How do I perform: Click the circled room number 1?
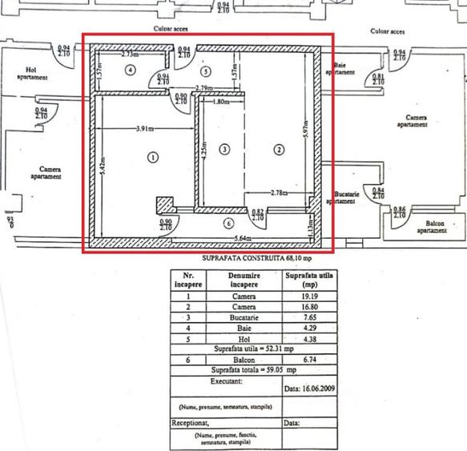[x=151, y=158]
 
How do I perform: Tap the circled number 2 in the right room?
[x=280, y=149]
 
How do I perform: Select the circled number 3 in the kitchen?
[x=225, y=149]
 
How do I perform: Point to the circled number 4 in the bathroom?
[x=130, y=70]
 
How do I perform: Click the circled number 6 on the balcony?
[x=229, y=223]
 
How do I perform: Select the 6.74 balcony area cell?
[x=294, y=360]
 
